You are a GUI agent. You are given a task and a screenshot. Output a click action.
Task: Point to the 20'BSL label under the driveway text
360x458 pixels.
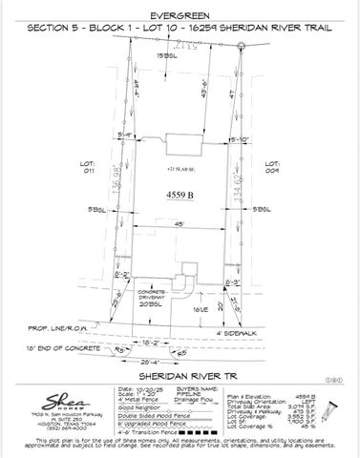[149, 304]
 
